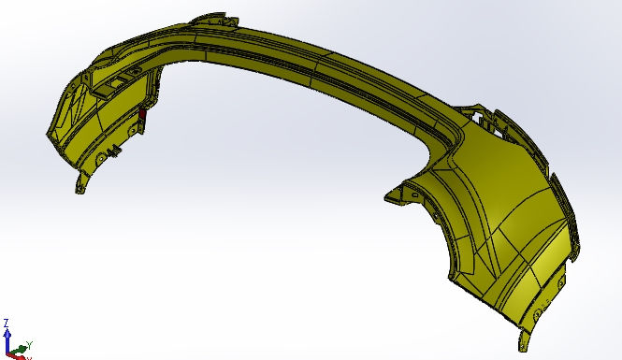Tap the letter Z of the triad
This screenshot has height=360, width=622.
7,323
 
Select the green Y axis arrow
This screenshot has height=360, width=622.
19,350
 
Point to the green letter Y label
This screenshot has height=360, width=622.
29,344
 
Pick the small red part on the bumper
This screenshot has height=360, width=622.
142,114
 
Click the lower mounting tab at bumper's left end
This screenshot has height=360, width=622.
81,183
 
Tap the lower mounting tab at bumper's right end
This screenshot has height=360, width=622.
524,340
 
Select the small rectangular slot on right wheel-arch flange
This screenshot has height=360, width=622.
414,195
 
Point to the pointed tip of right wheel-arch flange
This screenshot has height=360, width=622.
385,198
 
